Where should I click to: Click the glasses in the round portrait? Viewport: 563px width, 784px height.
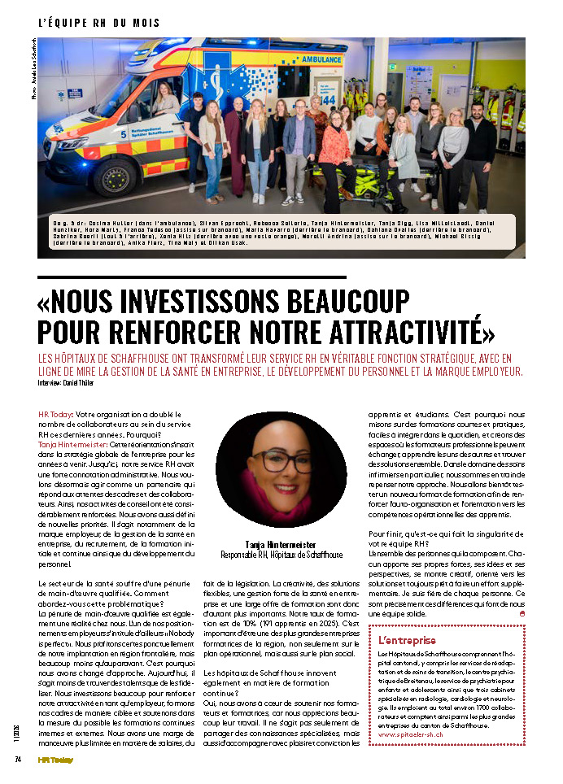pyautogui.click(x=281, y=461)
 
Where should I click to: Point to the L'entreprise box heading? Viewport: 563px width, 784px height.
pyautogui.click(x=408, y=640)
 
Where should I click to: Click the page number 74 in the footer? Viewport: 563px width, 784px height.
pyautogui.click(x=17, y=760)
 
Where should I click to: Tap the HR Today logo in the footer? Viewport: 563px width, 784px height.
pyautogui.click(x=55, y=760)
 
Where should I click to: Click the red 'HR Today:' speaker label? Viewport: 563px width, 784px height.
pyautogui.click(x=55, y=415)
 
